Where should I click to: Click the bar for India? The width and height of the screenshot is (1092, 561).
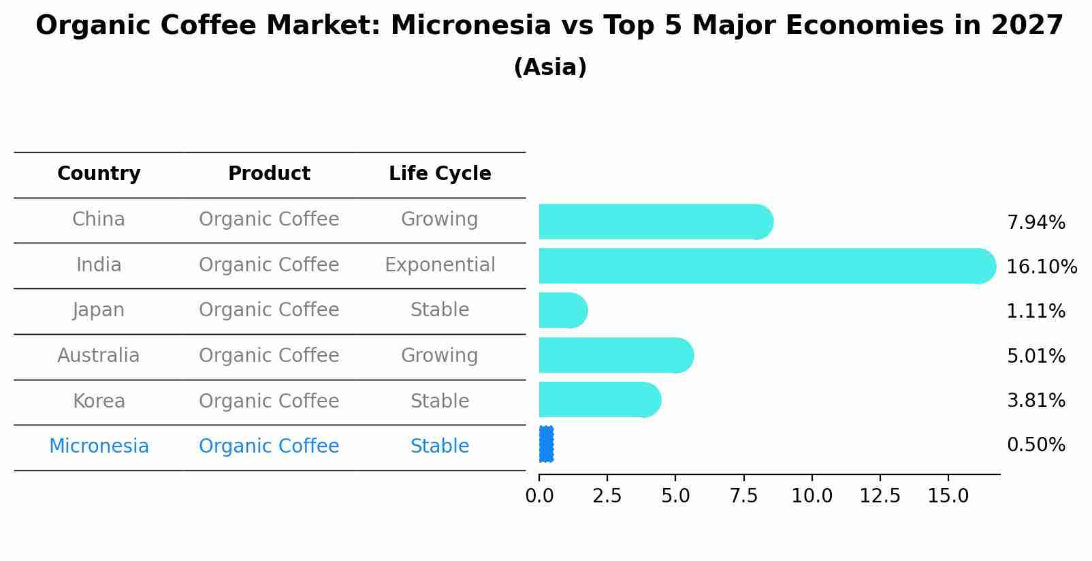coord(767,266)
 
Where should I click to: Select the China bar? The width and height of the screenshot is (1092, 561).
coord(656,222)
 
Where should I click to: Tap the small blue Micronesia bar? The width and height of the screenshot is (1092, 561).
coord(547,444)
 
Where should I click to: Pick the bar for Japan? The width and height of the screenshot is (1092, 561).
coord(564,311)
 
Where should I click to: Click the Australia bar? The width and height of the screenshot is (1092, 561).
coord(617,355)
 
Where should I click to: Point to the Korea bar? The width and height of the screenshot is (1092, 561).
coord(600,400)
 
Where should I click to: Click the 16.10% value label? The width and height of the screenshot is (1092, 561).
coord(1042,267)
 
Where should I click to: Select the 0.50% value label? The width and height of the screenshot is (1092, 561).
coord(1036,445)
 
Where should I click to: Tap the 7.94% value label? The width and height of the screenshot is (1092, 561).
coord(1036,223)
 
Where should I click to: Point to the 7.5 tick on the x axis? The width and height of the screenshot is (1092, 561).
coord(744,496)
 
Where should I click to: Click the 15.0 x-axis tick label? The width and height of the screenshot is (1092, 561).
coord(948,496)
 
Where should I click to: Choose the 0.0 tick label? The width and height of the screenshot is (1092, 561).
coord(539,496)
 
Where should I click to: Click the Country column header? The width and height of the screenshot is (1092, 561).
coord(99,173)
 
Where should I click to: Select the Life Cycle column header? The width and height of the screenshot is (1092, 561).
coord(440,173)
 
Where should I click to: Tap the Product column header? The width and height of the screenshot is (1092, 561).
coord(269,173)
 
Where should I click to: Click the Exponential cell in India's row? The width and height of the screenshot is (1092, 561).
coord(440,264)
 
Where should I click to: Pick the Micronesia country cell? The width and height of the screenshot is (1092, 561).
coord(99,446)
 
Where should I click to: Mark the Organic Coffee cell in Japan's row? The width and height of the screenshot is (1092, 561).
coord(269,309)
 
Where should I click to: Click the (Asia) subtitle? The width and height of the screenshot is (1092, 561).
coord(550,67)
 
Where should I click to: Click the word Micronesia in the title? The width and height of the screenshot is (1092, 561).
coord(471,25)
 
